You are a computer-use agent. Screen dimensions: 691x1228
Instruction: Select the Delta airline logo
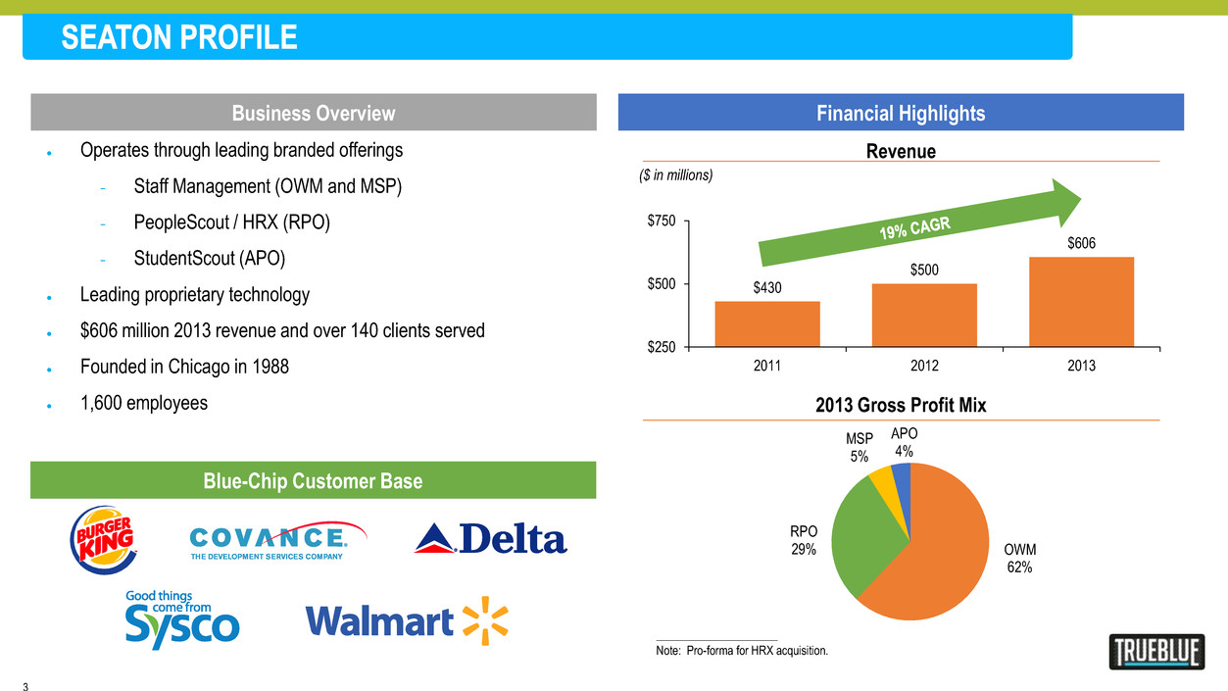click(x=491, y=538)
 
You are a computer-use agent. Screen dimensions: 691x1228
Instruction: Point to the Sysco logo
click(x=182, y=619)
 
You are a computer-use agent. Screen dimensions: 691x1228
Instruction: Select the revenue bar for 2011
click(x=767, y=323)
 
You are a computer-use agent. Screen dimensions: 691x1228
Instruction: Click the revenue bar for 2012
click(x=924, y=315)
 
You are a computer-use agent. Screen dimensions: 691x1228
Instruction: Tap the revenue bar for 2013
click(x=1081, y=302)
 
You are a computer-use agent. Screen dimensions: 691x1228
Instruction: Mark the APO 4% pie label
click(x=904, y=443)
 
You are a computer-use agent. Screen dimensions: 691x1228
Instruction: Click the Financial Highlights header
click(x=901, y=113)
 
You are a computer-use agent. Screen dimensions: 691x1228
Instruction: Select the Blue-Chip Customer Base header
click(x=314, y=480)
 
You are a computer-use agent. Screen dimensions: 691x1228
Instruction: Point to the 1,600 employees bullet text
click(x=144, y=403)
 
